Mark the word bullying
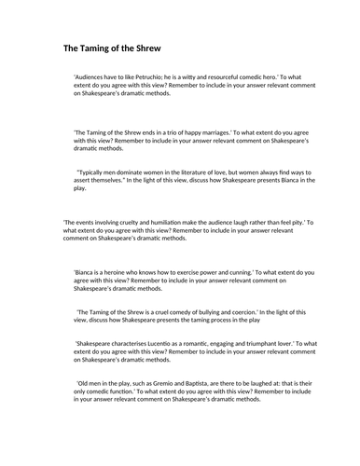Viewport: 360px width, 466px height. click(x=215, y=312)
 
